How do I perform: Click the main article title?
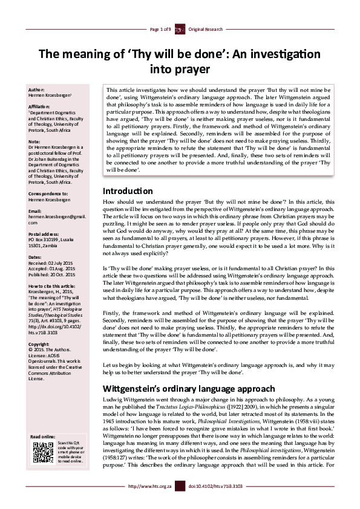[x=180, y=61]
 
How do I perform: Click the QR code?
[x=42, y=452]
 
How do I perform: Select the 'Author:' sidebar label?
[x=37, y=89]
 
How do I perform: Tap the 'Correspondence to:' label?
[x=48, y=193]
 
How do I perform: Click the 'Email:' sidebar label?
[x=35, y=211]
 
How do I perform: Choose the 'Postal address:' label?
[x=45, y=233]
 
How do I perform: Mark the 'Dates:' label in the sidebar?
[x=35, y=257]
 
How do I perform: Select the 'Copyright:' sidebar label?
[x=39, y=343]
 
